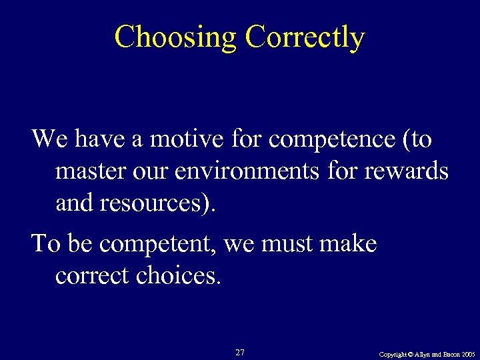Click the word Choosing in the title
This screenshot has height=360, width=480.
pyautogui.click(x=175, y=37)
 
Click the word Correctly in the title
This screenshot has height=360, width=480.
pyautogui.click(x=305, y=37)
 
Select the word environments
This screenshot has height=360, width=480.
pyautogui.click(x=249, y=171)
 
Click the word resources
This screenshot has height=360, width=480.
pyautogui.click(x=155, y=203)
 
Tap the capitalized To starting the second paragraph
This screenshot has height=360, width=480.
pyautogui.click(x=45, y=243)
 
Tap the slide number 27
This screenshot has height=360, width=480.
pyautogui.click(x=240, y=352)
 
